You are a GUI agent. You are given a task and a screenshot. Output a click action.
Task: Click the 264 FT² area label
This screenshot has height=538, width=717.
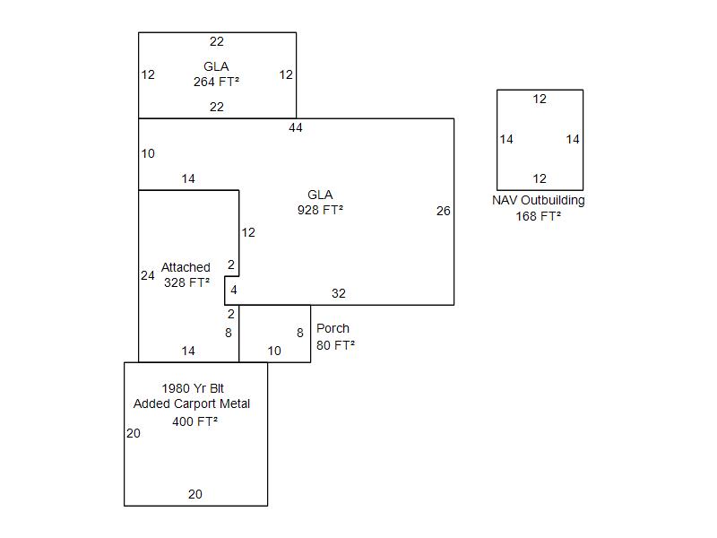point(216,82)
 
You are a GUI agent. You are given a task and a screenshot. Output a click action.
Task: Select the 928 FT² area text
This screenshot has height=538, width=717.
point(320,210)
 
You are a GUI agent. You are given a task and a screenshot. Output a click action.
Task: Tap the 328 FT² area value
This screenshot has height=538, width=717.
point(186,282)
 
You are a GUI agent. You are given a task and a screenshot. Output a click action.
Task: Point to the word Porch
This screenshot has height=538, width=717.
point(333,328)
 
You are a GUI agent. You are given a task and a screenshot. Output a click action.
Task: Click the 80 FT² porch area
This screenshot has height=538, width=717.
point(335,345)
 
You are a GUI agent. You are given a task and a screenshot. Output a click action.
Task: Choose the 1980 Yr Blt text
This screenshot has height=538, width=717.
point(193,388)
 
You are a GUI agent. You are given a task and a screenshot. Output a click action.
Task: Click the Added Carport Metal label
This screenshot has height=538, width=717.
point(192,403)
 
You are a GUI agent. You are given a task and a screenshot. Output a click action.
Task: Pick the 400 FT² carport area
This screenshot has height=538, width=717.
point(195,421)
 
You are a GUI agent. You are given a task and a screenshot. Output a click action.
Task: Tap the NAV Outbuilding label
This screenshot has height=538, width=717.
point(539,200)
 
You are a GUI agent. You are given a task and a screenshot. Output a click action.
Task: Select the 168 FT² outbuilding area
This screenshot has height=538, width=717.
point(539,216)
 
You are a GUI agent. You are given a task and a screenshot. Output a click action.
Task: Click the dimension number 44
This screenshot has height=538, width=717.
point(296,127)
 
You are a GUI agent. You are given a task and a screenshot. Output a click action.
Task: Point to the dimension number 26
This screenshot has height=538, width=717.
point(444,212)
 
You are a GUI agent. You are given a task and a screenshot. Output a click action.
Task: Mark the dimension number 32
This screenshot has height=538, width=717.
point(339,293)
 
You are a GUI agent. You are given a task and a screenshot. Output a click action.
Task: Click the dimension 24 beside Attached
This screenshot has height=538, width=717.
point(148,275)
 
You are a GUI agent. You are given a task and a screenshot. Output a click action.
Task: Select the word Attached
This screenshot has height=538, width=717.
point(186,267)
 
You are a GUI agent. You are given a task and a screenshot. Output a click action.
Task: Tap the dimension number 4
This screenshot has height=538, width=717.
point(234,290)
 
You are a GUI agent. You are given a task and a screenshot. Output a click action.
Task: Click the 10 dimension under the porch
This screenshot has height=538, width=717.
point(274,351)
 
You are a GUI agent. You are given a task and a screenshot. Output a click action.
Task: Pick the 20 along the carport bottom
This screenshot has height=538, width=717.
point(195,494)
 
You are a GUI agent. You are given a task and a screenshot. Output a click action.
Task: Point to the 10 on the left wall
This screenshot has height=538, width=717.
point(148,153)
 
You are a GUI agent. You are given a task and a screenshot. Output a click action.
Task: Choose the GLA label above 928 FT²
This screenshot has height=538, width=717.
point(320,195)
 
